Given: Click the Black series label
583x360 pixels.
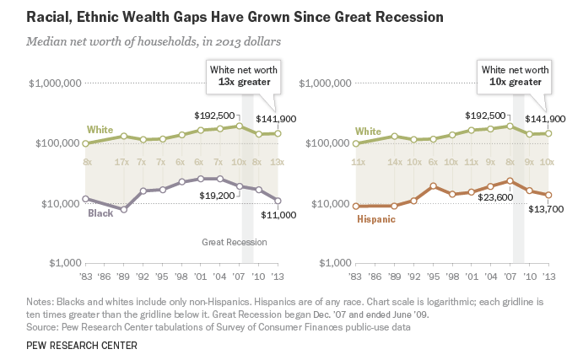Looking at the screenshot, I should tap(101, 213).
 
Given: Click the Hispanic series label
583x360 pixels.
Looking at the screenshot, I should tap(377, 218).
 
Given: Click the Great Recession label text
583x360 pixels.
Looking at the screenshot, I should tap(234, 243).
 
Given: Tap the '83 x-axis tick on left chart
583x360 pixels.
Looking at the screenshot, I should tap(85, 276).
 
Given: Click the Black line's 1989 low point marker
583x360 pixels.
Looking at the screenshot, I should tap(123, 209).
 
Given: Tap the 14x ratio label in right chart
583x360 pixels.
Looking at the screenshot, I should tap(394, 161).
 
